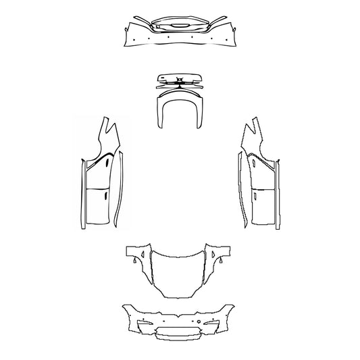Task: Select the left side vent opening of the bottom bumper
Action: click(x=145, y=328)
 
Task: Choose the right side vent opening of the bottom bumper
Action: click(x=213, y=328)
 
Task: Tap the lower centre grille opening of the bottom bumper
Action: click(x=179, y=336)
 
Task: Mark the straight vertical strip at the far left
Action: click(x=80, y=196)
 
